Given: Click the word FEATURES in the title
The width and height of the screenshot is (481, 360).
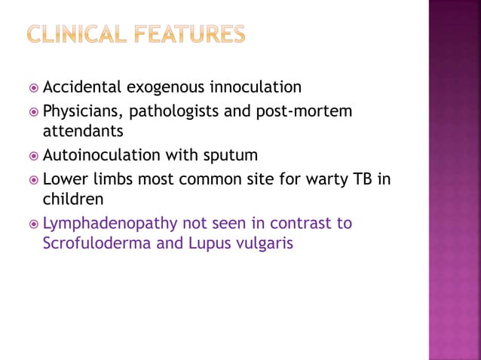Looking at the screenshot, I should (x=194, y=35).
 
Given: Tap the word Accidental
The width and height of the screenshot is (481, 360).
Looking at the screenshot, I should (x=84, y=87).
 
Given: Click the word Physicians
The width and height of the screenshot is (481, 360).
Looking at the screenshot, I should (x=82, y=111).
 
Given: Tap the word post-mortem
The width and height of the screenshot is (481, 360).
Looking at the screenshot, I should (x=311, y=111).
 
